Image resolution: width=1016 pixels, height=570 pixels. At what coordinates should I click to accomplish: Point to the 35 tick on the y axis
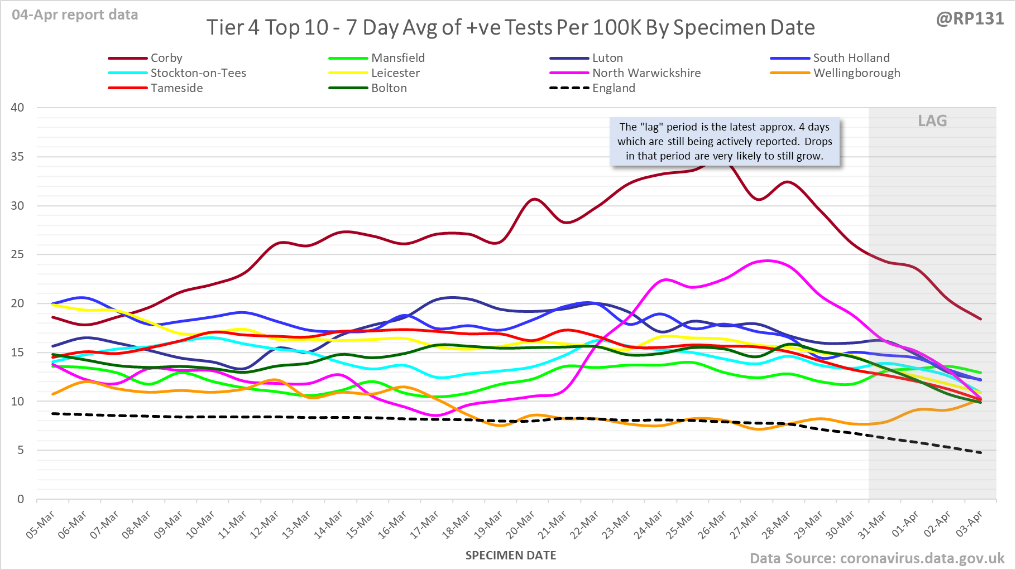(x=17, y=157)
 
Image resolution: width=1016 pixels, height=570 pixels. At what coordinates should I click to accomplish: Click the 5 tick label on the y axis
(x=21, y=450)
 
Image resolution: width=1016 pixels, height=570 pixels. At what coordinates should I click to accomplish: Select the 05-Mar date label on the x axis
(x=41, y=525)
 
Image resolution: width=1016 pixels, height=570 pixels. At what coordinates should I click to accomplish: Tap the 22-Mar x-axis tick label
(x=584, y=525)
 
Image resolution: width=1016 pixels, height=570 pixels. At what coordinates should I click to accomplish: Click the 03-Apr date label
(x=969, y=525)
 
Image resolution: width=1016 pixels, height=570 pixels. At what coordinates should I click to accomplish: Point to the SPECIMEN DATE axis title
(x=511, y=555)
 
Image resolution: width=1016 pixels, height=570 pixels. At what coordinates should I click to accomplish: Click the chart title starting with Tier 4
(x=510, y=27)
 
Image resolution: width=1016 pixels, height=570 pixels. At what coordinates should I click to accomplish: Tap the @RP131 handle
(x=970, y=18)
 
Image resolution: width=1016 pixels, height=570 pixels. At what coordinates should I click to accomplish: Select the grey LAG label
(x=932, y=120)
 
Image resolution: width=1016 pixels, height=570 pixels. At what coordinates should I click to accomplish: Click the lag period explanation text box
(x=725, y=142)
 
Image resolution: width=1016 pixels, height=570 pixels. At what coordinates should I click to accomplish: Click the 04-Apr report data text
(x=75, y=15)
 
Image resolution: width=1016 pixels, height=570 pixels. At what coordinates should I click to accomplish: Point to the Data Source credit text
(x=876, y=558)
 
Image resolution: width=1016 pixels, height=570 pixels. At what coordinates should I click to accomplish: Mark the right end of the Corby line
(x=981, y=319)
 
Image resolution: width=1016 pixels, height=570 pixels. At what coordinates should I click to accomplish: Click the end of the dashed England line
(x=981, y=453)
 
